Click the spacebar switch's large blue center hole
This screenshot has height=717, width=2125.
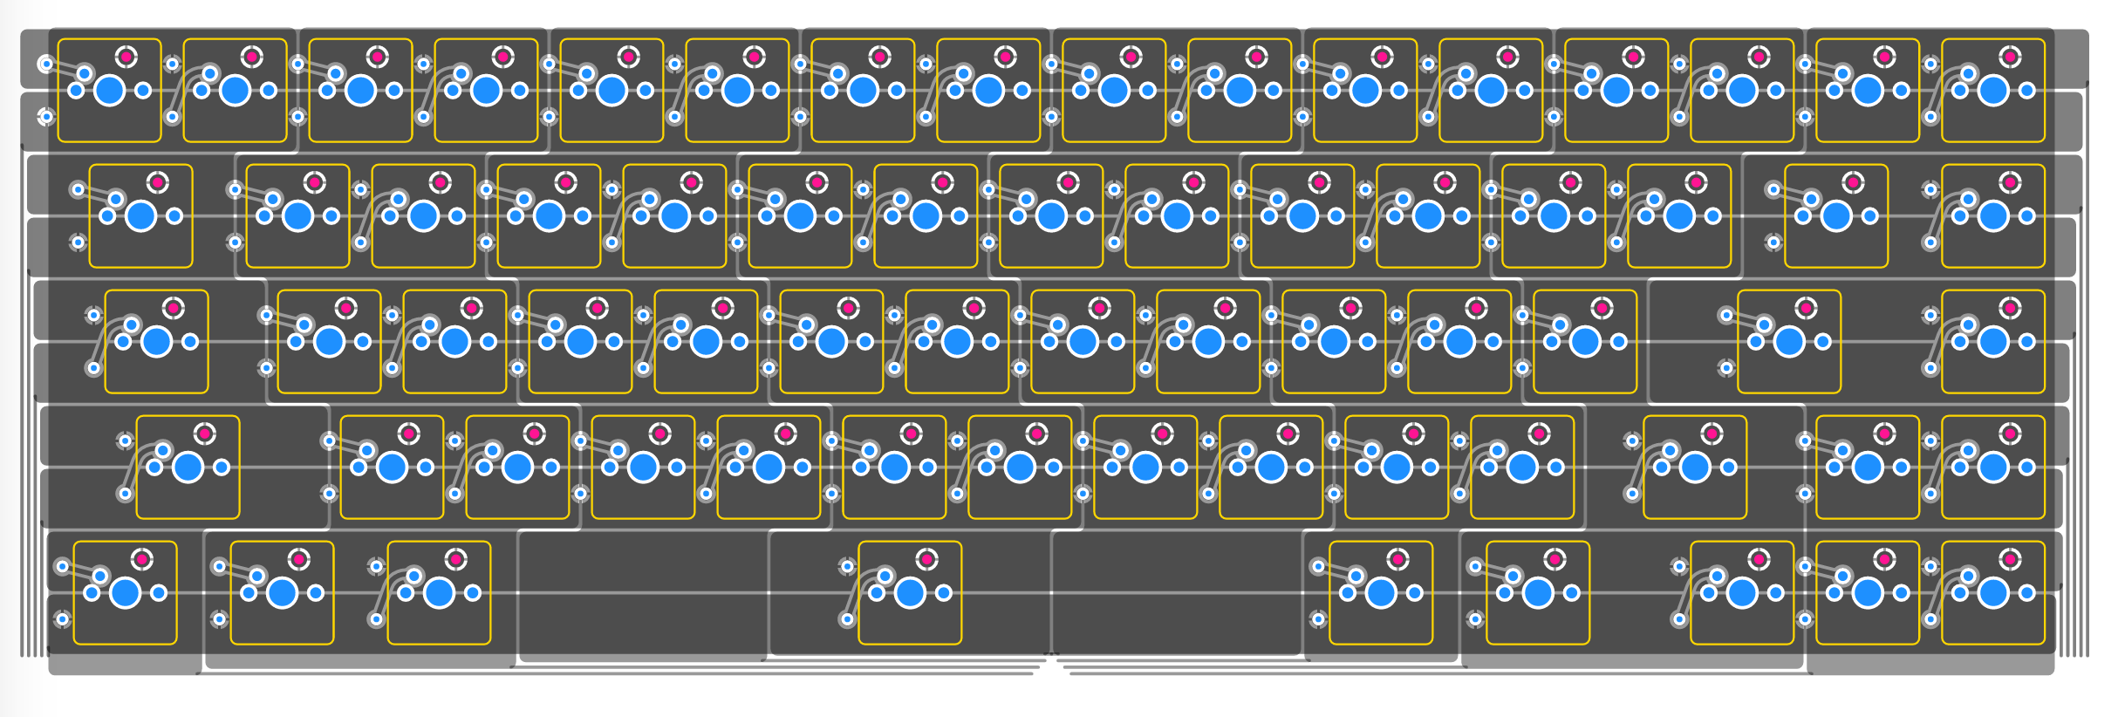point(910,593)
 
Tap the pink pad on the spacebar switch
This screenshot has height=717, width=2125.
point(926,559)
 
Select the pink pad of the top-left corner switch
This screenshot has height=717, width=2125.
point(126,57)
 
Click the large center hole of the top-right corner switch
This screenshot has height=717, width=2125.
point(1993,90)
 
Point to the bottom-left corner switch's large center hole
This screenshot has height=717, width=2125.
point(126,593)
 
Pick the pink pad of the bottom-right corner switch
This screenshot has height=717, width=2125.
point(2010,559)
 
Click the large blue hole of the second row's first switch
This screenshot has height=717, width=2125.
point(141,215)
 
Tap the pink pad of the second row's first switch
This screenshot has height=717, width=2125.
point(158,182)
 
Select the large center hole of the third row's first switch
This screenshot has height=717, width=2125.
point(157,341)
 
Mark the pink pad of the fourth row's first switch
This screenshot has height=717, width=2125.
point(205,434)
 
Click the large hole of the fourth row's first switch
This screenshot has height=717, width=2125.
point(188,468)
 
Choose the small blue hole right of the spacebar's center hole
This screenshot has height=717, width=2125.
point(943,593)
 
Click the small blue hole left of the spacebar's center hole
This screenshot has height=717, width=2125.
point(877,593)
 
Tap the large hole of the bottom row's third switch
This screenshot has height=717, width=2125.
point(439,593)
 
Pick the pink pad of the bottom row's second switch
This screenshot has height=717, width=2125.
point(298,559)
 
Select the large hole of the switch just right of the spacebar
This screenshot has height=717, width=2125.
point(1381,593)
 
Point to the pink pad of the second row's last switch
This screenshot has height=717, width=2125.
point(2010,182)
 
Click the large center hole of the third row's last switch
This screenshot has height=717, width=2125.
point(1993,341)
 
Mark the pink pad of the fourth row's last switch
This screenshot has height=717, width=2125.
point(2010,434)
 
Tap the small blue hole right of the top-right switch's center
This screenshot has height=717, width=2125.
point(2026,90)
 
